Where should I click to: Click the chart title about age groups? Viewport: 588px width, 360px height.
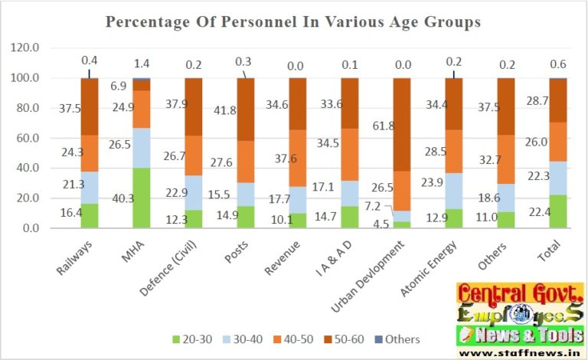(x=293, y=22)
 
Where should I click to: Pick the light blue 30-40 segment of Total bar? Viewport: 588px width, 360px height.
(x=557, y=178)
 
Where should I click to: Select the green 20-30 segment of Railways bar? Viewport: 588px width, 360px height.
(x=91, y=215)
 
